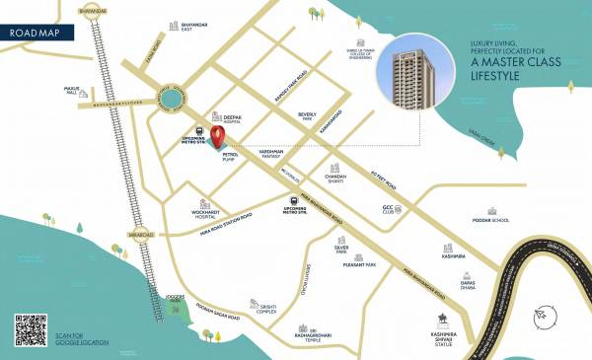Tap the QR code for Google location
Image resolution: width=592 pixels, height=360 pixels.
[31, 329]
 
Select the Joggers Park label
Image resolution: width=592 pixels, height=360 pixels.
[173, 298]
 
